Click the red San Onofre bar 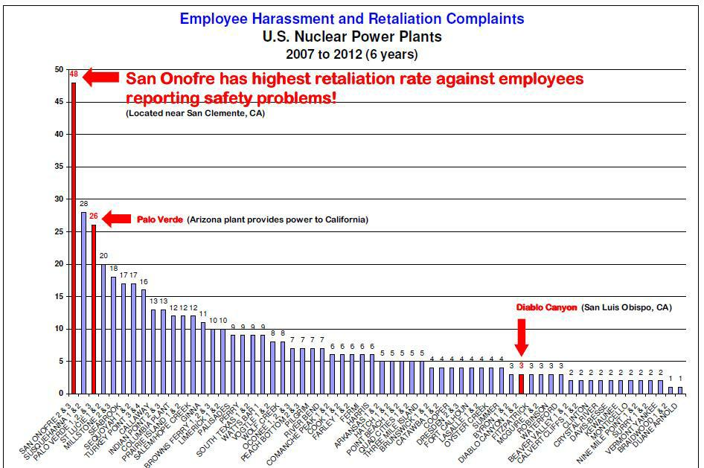tap(74, 238)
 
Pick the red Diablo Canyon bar tap(521, 384)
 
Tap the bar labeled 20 tap(103, 328)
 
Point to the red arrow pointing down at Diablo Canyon tap(522, 336)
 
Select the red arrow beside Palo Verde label tap(116, 219)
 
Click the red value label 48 tap(74, 74)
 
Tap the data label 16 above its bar tap(144, 282)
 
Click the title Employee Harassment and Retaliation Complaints tap(351, 19)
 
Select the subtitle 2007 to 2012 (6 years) tap(351, 54)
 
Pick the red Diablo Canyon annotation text tap(546, 307)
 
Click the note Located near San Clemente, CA tap(195, 114)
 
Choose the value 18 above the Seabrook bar tap(114, 269)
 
